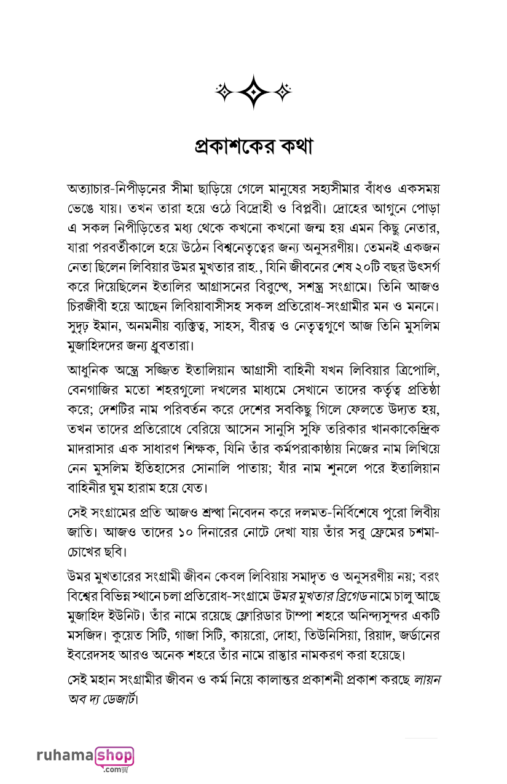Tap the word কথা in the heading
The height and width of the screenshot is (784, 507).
(292, 148)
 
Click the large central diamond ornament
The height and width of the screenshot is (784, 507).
(253, 92)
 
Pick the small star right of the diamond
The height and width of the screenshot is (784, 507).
(283, 92)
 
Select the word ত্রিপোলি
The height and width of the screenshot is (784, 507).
(406, 371)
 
